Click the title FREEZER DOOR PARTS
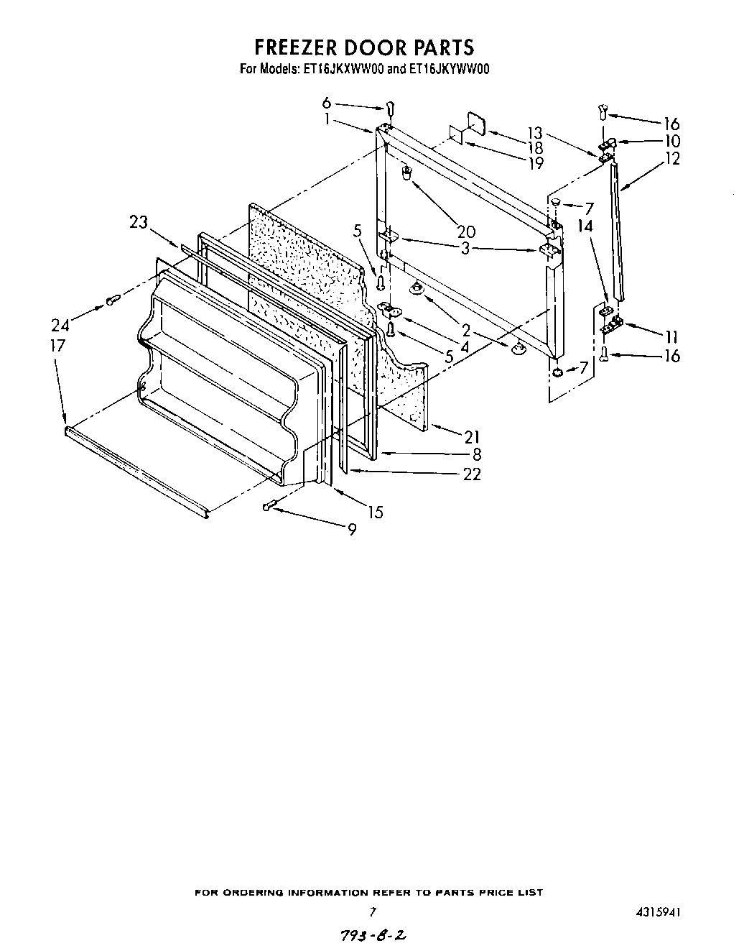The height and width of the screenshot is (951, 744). pyautogui.click(x=364, y=47)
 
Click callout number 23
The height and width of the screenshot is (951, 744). pyautogui.click(x=139, y=223)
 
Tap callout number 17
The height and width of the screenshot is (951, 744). pyautogui.click(x=57, y=345)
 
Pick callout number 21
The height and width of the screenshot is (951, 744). pyautogui.click(x=472, y=436)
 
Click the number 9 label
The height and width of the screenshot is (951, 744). pyautogui.click(x=351, y=530)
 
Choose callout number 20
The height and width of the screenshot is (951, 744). pyautogui.click(x=466, y=231)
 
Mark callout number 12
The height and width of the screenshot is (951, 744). pyautogui.click(x=671, y=159)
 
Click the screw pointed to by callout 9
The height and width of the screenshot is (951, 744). pyautogui.click(x=269, y=507)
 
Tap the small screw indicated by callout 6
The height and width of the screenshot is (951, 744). pyautogui.click(x=391, y=108)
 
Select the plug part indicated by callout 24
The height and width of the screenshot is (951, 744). pyautogui.click(x=111, y=300)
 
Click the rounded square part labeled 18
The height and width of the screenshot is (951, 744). pyautogui.click(x=475, y=122)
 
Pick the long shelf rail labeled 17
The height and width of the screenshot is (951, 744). pyautogui.click(x=136, y=470)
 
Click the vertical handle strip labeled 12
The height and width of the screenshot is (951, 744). pyautogui.click(x=618, y=230)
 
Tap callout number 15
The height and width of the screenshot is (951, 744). pyautogui.click(x=375, y=512)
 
